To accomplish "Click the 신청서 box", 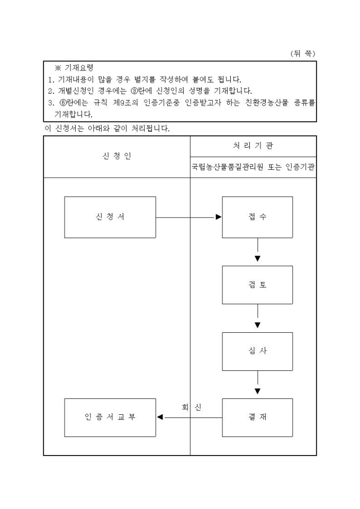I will pos(110,217).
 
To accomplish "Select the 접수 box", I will pos(257,217).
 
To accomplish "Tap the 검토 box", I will pos(257,285).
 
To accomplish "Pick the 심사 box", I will pos(257,351).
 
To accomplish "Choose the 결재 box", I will pos(257,417).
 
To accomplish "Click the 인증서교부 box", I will pos(110,417).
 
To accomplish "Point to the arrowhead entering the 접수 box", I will pos(219,217).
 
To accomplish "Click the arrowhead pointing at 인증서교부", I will pos(160,417).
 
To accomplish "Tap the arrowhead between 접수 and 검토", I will pos(257,259).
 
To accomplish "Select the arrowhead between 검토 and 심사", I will pos(257,325).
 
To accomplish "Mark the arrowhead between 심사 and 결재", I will pos(257,392).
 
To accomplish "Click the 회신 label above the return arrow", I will pos(192,407).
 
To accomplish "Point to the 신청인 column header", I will pos(116,156).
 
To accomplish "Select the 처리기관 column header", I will pos(253,146).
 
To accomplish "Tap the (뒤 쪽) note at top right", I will pos(303,53).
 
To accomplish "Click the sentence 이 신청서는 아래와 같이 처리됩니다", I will pos(106,129).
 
